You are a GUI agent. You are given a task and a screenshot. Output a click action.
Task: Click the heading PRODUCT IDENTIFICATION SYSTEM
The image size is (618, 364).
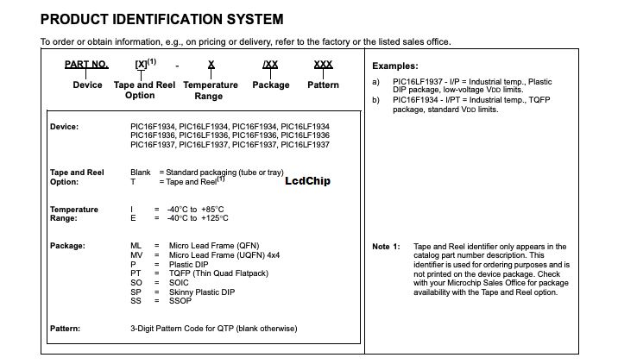[x=161, y=19]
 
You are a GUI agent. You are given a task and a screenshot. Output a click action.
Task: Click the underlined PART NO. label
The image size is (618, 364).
[x=86, y=65]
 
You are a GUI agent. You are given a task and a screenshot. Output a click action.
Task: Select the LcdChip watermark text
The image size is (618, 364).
[x=306, y=181]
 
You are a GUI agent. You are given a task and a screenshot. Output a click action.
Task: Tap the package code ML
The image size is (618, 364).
[x=136, y=246]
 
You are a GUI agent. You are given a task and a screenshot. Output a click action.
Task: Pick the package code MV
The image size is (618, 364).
[x=136, y=255]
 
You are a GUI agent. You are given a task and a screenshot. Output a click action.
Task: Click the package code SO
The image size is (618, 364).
[x=136, y=282]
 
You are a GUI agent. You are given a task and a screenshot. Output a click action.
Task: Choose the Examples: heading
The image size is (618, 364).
[x=394, y=66]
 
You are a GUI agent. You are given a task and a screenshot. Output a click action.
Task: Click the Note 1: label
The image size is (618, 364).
[x=386, y=247]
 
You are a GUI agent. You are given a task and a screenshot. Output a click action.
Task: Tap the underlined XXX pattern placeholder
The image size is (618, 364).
[x=323, y=65]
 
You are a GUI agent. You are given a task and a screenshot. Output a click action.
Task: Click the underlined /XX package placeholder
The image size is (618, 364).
[x=270, y=65]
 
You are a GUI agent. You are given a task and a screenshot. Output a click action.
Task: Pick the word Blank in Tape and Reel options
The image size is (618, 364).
[x=141, y=173]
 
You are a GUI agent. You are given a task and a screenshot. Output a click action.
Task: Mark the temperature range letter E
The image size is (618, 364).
[x=132, y=218]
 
